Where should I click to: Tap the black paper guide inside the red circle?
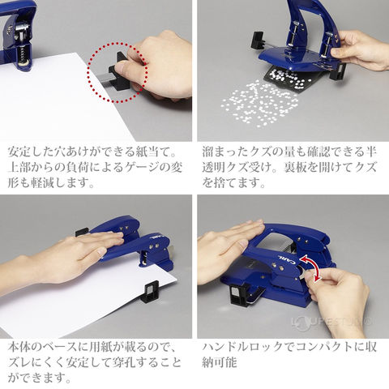(x=119, y=72)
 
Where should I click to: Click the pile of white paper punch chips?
(x=259, y=104)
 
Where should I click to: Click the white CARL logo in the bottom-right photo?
(x=286, y=258)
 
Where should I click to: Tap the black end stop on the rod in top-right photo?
(x=259, y=41)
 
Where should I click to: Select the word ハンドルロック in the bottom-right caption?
(x=249, y=347)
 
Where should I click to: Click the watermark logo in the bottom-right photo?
(x=331, y=322)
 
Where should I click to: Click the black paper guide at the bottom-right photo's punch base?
(x=240, y=294)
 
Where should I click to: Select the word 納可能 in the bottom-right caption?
(x=220, y=362)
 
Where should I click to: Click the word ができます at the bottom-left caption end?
(x=40, y=378)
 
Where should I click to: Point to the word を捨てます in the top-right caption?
(x=234, y=183)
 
